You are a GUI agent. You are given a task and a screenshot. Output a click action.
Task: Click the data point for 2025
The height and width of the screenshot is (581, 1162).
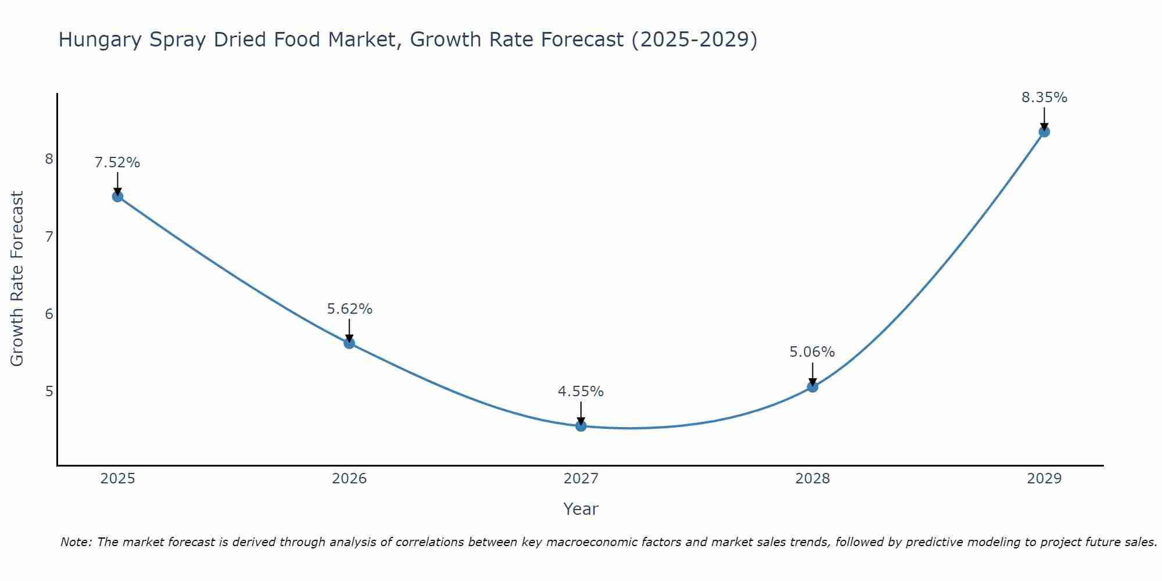coord(117,196)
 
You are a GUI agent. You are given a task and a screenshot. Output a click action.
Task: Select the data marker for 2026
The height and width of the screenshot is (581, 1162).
coord(349,343)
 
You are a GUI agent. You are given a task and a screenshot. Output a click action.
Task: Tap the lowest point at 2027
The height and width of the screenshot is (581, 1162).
coord(581,426)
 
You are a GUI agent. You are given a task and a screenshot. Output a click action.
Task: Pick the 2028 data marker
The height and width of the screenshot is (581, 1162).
coord(812,386)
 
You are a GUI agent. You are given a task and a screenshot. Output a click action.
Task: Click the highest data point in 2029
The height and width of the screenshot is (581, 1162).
coord(1044,132)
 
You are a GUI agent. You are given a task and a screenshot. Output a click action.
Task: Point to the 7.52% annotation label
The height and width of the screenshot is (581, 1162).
coord(117,163)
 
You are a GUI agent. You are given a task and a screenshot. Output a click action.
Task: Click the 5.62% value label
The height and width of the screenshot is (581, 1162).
coord(349,309)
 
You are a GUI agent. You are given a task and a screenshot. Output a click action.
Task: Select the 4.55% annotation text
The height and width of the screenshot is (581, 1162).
coord(581,392)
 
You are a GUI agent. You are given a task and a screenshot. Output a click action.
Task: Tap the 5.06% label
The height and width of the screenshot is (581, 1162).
coord(812,352)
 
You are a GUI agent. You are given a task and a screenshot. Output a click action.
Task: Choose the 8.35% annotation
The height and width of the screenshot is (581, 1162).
coord(1044,98)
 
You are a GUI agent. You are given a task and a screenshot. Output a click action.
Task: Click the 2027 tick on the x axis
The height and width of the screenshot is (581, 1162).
coord(581,479)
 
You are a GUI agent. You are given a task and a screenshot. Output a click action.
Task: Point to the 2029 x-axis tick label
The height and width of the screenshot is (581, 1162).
coord(1044,479)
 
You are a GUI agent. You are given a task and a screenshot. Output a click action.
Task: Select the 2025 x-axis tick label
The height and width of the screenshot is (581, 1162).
coord(117,479)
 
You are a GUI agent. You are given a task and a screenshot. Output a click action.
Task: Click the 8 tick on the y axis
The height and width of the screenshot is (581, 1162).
coord(49,159)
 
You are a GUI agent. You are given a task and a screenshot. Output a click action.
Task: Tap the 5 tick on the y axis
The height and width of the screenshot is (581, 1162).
coord(49,391)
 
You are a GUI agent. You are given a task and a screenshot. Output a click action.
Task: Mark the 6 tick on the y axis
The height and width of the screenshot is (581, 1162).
coord(49,314)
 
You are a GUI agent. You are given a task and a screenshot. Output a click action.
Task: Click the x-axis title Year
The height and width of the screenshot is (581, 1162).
coord(581,509)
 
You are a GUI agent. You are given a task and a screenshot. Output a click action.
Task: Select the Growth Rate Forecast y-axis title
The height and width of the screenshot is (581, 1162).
coord(17,279)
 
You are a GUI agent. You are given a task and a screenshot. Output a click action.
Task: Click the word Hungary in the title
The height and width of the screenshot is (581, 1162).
coord(100,40)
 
